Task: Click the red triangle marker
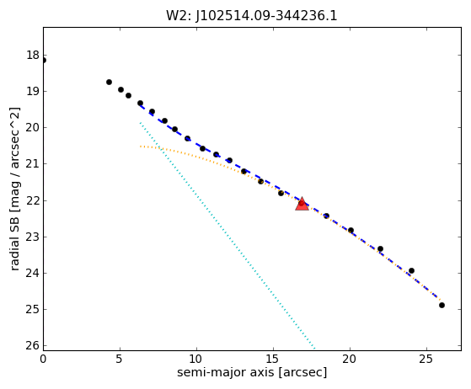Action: pos(302,204)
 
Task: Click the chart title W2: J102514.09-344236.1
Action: pos(252,15)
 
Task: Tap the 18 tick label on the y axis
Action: pos(33,56)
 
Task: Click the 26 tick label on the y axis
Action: pos(33,346)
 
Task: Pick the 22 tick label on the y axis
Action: pos(33,200)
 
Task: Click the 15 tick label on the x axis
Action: pos(273,359)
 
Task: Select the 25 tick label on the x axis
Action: pos(426,359)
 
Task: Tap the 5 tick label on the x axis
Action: pos(120,359)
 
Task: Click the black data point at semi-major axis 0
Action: pos(44,61)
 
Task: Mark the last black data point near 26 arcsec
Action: pos(442,306)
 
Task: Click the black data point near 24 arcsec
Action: pos(411,271)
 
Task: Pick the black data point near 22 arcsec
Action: pos(380,249)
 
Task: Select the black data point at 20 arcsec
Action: pos(351,231)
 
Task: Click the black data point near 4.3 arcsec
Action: pos(109,83)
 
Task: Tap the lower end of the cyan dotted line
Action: pos(314,349)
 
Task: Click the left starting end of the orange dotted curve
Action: pos(140,147)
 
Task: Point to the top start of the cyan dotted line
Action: pos(140,123)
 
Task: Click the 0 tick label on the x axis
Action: pos(43,359)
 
